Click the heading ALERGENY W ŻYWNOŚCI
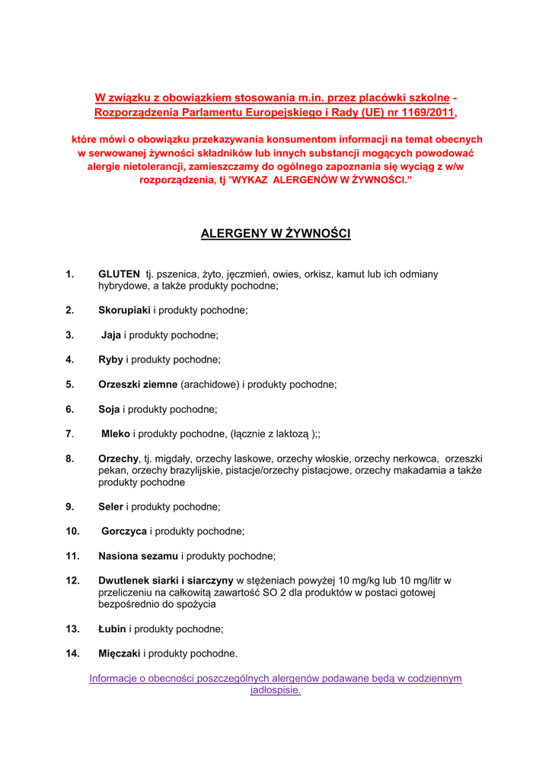[x=276, y=234]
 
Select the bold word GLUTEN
[x=119, y=273]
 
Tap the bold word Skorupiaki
[x=124, y=310]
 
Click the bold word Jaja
[x=111, y=335]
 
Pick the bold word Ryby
[x=110, y=360]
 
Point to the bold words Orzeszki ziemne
[x=138, y=385]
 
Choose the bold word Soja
[x=109, y=409]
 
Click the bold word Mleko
[x=116, y=434]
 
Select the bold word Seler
[x=110, y=507]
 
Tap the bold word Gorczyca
[x=124, y=531]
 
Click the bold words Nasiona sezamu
[x=138, y=556]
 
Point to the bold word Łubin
[x=112, y=629]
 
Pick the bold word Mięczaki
[x=120, y=654]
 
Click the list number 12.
[x=72, y=580]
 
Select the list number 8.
[x=69, y=459]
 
